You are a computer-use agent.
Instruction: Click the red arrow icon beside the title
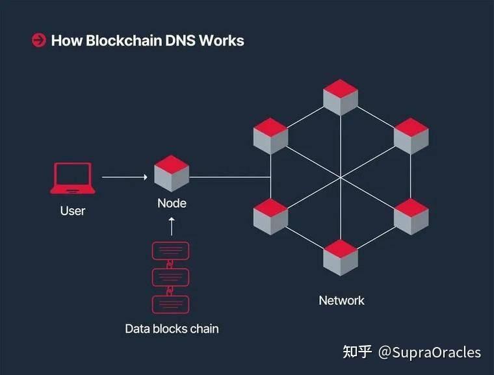coord(38,40)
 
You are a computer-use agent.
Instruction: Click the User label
coord(73,211)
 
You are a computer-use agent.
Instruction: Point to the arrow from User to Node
coord(125,177)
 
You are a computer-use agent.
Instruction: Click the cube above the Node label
coord(172,174)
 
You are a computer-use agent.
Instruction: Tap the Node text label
coord(172,203)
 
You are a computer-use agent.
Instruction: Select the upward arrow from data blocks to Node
coord(172,226)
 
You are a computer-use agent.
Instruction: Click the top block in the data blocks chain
coord(170,251)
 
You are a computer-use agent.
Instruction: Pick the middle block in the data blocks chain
coord(170,278)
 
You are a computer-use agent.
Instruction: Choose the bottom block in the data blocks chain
coord(170,304)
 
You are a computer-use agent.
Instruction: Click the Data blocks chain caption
coord(172,329)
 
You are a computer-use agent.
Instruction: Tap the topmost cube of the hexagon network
coord(341,97)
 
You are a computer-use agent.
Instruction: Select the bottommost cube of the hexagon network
coord(341,257)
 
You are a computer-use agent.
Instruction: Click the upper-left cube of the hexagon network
coord(270,136)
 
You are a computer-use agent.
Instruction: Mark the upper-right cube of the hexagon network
coord(411,136)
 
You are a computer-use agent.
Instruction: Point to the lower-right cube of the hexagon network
coord(411,216)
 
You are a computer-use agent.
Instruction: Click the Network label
coord(341,300)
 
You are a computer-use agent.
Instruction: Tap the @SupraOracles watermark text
coord(430,353)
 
